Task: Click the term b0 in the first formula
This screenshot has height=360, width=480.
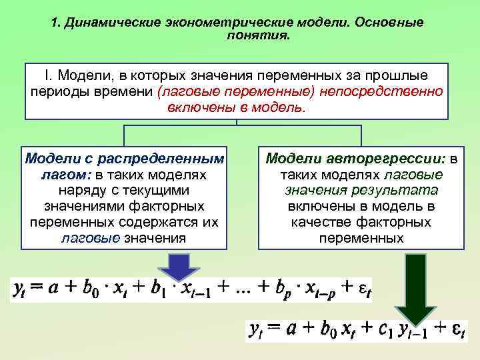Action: [x=94, y=291]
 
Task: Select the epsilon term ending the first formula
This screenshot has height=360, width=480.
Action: [x=363, y=291]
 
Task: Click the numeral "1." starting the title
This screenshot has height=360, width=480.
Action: [x=56, y=23]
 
